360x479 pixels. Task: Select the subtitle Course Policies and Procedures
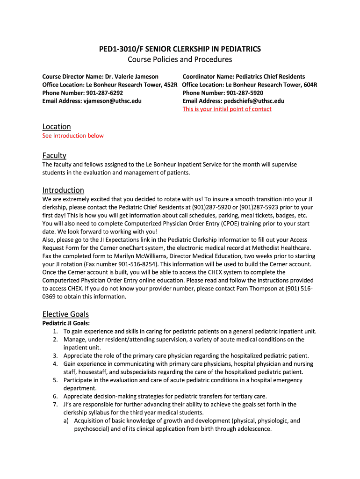180,59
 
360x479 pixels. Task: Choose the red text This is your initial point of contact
227,109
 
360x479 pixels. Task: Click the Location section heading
57,127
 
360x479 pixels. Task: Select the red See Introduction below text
73,136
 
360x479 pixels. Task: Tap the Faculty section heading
54,155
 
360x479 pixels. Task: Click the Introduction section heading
63,190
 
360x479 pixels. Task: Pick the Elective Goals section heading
65,314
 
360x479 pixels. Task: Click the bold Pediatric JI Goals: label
66,323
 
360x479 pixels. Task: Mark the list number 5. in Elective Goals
55,380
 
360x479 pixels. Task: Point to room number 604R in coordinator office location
310,85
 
